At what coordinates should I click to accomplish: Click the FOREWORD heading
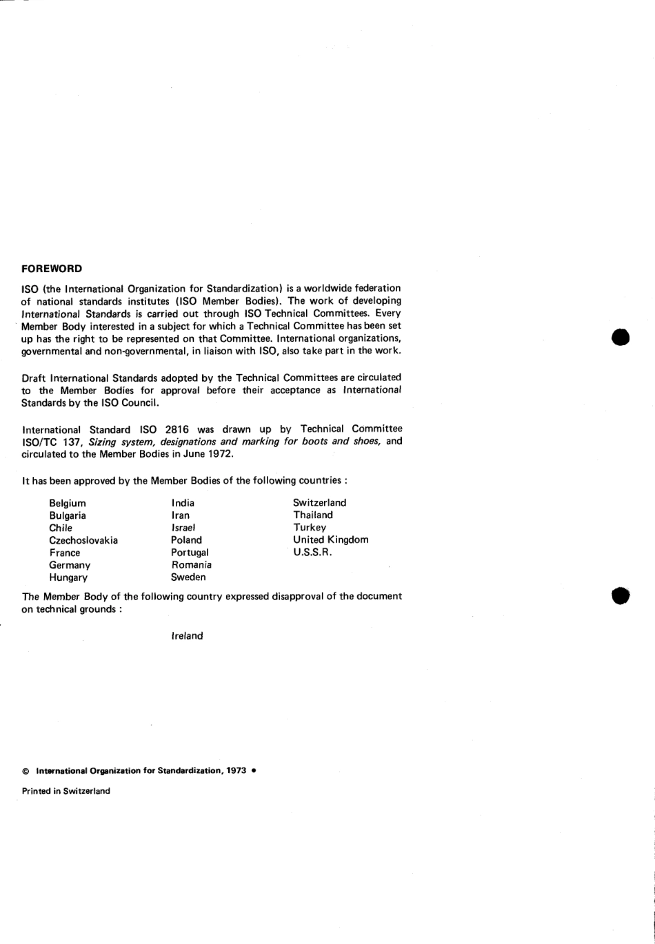tap(52, 268)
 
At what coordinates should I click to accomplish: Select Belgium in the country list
tap(68, 503)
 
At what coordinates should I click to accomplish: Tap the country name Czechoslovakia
tap(83, 540)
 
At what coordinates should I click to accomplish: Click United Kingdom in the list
tap(330, 540)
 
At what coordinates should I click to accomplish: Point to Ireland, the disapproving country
tap(187, 636)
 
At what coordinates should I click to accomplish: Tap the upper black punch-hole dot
tap(621, 338)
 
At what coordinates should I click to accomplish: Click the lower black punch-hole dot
tap(621, 596)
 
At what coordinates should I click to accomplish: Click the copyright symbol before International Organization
tap(26, 770)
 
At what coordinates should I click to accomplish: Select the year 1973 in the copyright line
tap(236, 770)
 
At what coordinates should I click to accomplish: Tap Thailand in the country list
tap(312, 515)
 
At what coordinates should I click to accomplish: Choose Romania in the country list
tap(191, 564)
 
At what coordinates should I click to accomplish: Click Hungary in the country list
tap(68, 577)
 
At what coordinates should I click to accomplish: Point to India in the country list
tap(183, 503)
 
